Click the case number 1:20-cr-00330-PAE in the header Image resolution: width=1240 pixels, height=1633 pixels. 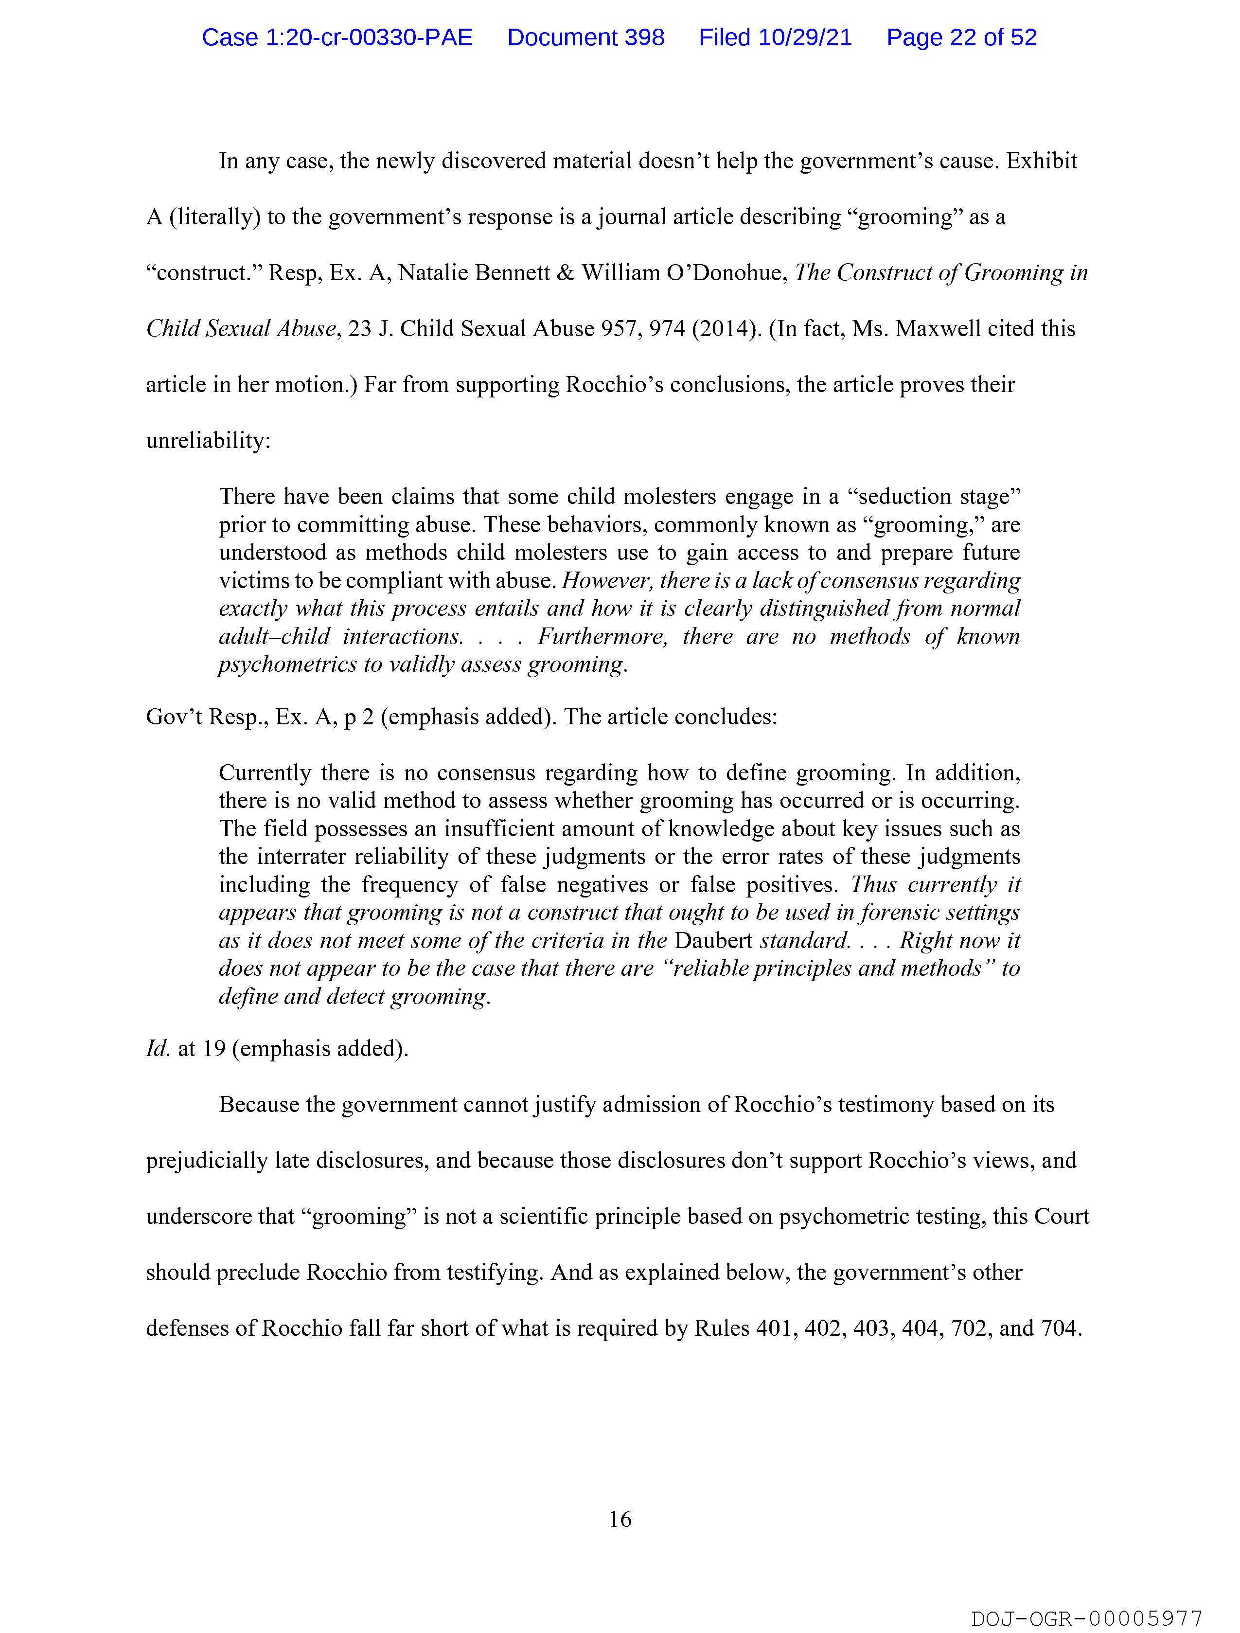(337, 37)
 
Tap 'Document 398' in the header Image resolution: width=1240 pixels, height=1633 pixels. (585, 37)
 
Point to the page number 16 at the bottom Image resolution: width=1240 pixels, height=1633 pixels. (620, 1519)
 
